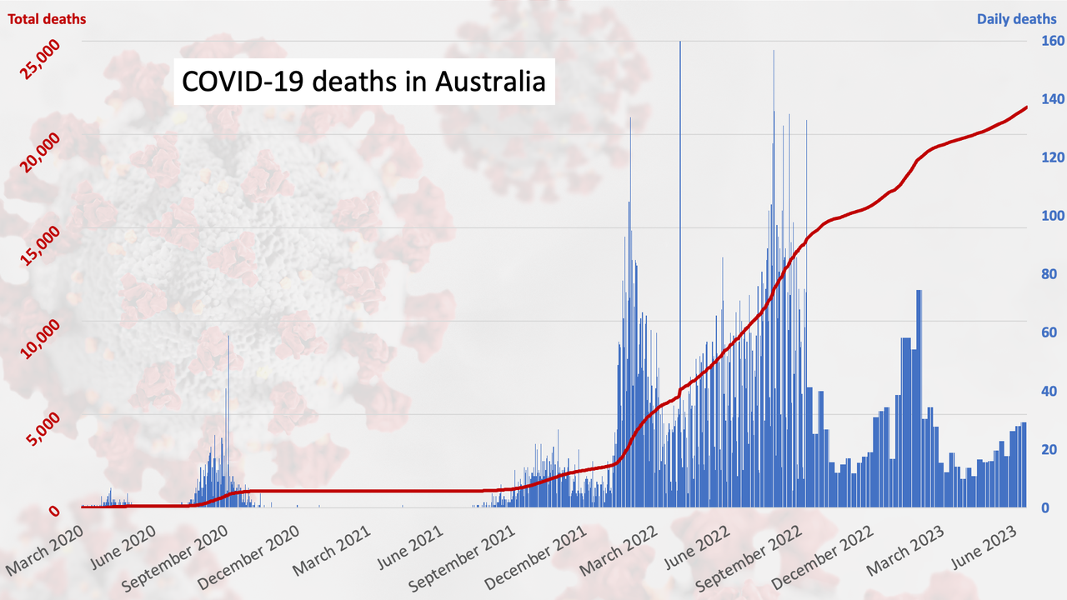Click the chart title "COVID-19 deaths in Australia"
pos(364,82)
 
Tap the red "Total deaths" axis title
pos(48,18)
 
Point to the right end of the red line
pos(1026,107)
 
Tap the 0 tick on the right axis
pos(1040,507)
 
